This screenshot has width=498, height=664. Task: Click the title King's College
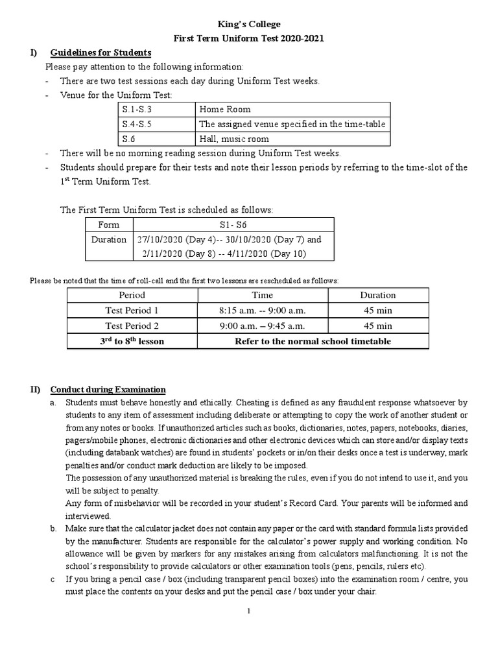coord(249,24)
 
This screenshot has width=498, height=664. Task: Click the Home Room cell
coord(225,110)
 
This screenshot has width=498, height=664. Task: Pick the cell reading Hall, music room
coord(234,139)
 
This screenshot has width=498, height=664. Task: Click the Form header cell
coord(108,224)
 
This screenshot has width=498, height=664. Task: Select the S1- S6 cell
coord(233,224)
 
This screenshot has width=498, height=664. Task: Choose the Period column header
coord(132,294)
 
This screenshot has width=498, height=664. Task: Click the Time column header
coord(261,294)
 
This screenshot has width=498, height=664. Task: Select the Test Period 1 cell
coord(132,310)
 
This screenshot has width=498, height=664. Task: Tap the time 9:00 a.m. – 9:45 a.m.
coord(261,326)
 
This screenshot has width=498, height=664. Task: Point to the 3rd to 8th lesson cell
coord(132,341)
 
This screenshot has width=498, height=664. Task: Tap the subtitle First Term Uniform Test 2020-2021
coord(249,38)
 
